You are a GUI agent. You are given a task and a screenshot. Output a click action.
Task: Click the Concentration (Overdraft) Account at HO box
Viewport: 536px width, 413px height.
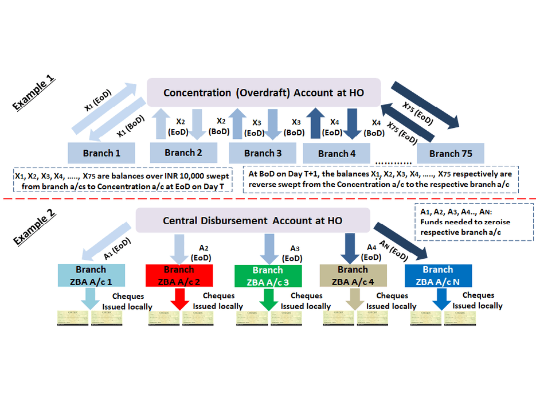(264, 92)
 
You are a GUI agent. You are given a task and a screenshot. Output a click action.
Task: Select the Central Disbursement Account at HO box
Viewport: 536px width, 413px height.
(253, 220)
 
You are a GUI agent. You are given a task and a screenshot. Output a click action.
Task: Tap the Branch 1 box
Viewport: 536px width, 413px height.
(102, 153)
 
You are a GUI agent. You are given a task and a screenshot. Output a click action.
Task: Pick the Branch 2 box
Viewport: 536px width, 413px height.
(183, 153)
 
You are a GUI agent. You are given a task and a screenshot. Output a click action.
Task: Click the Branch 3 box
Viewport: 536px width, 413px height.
(263, 153)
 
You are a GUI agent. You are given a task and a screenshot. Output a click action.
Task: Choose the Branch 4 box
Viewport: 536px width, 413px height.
(336, 153)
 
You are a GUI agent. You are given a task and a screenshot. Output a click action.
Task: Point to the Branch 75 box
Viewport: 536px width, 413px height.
(451, 153)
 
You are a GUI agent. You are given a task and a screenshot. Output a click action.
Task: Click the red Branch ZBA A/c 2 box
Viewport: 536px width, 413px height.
(179, 275)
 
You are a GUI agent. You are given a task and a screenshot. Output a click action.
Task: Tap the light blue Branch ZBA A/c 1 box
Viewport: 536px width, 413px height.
(91, 275)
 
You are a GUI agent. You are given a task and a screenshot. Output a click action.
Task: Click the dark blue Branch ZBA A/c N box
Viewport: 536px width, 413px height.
(438, 275)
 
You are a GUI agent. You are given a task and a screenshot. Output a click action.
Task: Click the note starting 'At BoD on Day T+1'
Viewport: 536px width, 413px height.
(380, 179)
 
